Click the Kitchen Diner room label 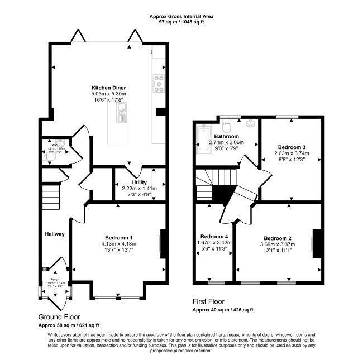tap(108, 88)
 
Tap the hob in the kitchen tap(158, 83)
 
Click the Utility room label tap(139, 183)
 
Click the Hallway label tap(55, 234)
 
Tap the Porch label tap(55, 279)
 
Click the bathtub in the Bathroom tap(201, 138)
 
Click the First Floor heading tap(209, 301)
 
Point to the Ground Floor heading tap(60, 316)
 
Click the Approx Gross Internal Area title tap(181, 17)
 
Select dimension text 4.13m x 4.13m tap(118, 244)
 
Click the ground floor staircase tap(51, 198)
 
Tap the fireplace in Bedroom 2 tap(317, 244)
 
